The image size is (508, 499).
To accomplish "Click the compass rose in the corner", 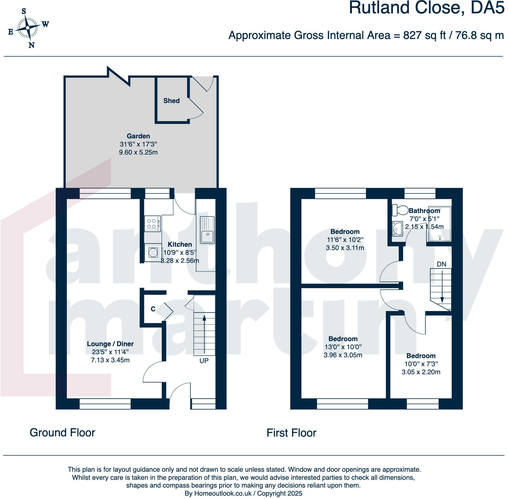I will (28, 28).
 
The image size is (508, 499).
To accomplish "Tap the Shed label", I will (171, 101).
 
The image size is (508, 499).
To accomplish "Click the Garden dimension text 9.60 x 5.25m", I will (138, 152).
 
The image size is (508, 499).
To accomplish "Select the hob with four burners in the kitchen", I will (152, 224).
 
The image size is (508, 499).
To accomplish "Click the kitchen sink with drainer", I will (207, 230).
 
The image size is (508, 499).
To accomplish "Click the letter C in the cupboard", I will (153, 309).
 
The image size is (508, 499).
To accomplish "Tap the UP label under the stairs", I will (204, 361).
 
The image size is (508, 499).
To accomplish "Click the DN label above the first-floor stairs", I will (441, 264).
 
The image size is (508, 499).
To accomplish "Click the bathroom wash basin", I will (397, 229).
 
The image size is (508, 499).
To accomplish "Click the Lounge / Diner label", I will (110, 344).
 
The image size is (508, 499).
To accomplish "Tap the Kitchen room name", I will (180, 244).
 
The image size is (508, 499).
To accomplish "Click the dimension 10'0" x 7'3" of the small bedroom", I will (421, 364).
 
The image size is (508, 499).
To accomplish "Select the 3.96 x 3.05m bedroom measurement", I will (343, 355).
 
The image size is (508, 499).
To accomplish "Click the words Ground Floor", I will (62, 432).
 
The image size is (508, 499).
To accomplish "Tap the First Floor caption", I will (291, 433).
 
